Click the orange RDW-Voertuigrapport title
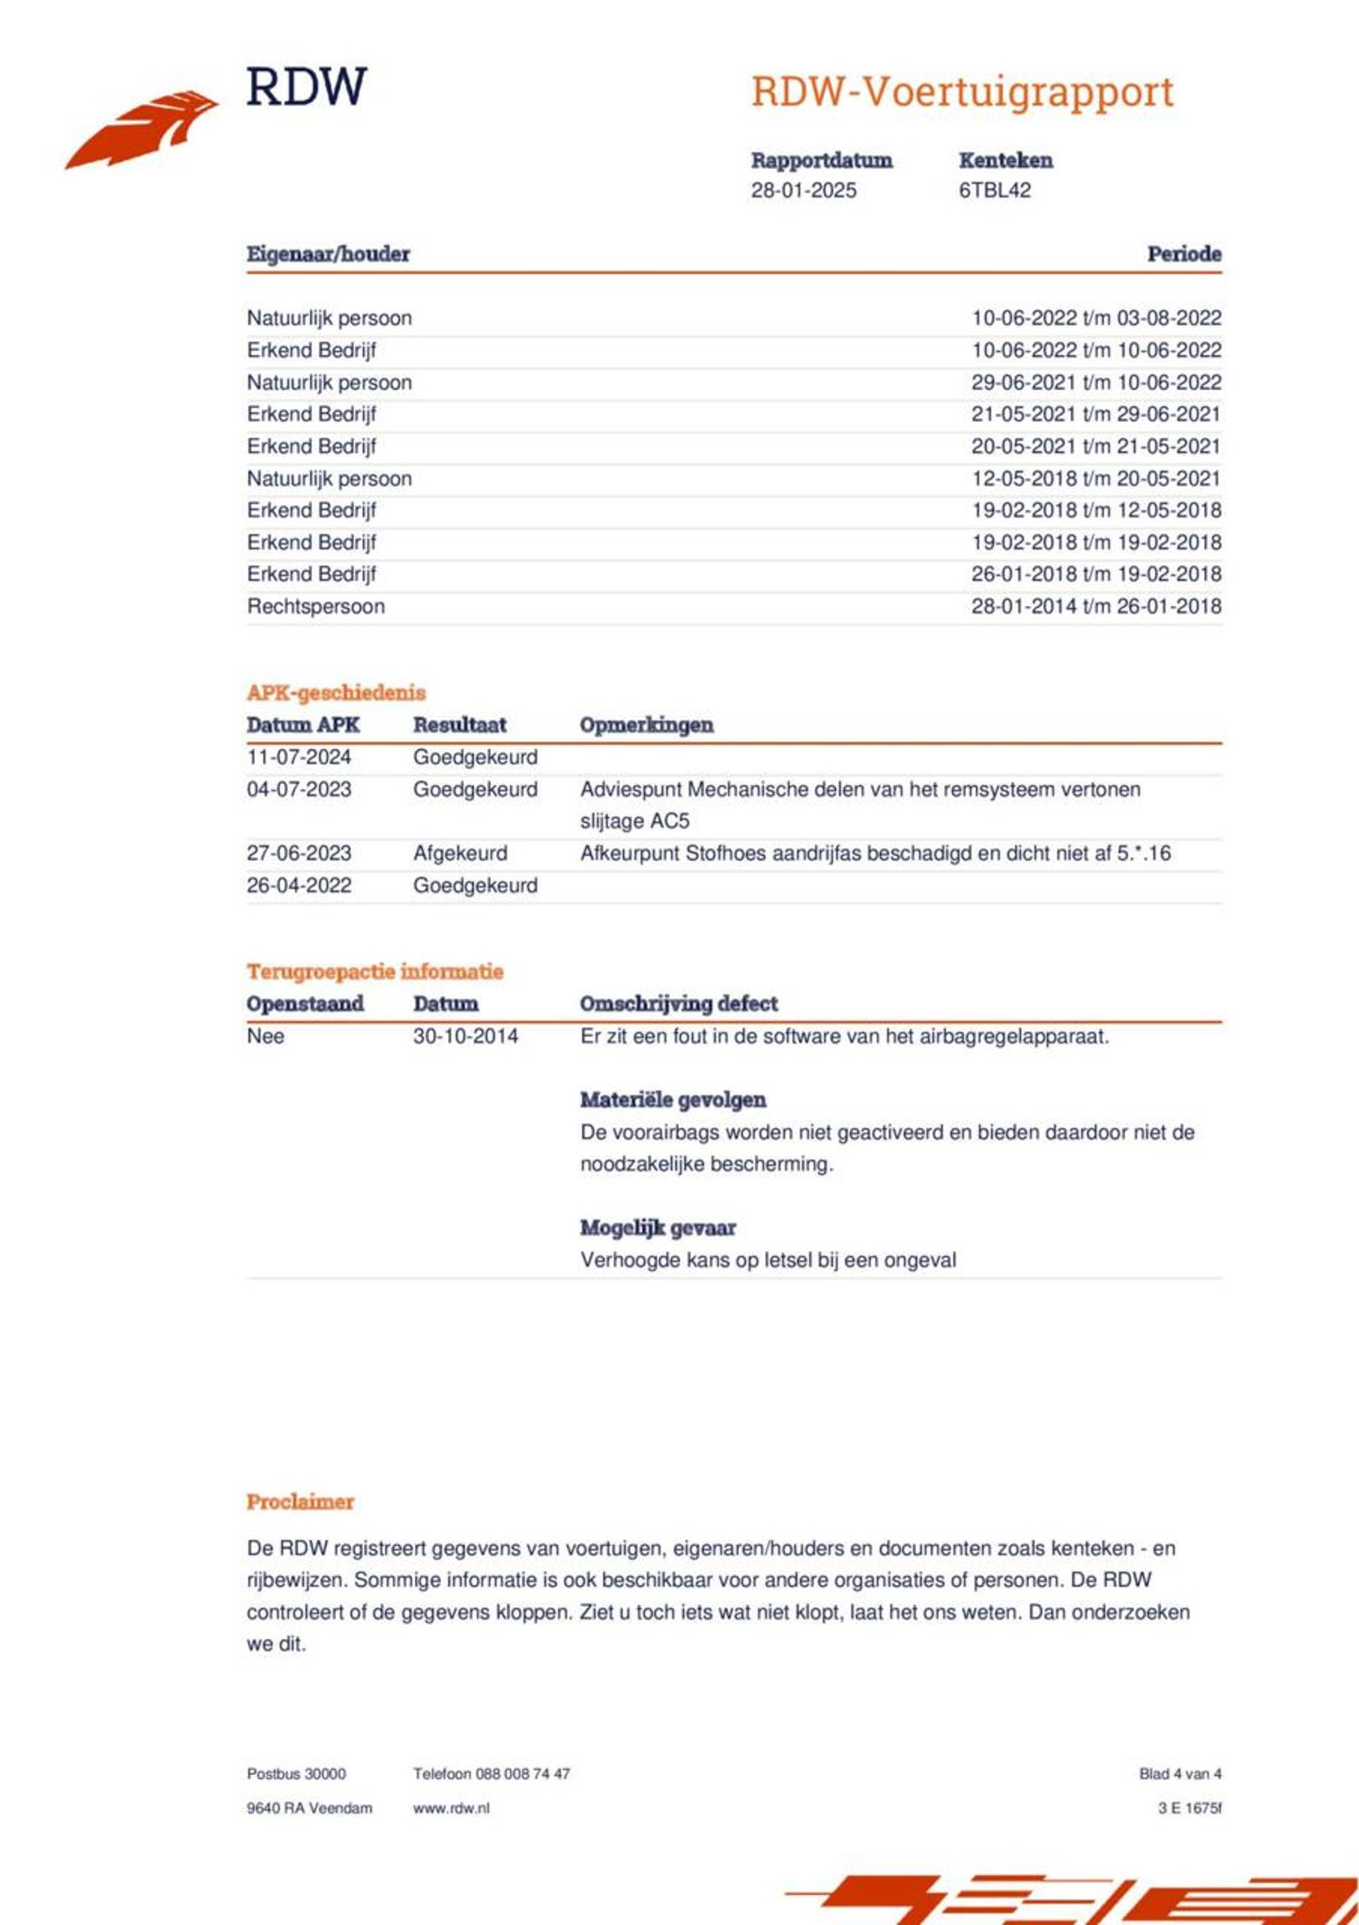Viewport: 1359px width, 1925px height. click(x=962, y=92)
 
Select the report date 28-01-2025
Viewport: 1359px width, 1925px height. click(x=803, y=190)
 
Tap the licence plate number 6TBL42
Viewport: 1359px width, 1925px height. click(x=994, y=190)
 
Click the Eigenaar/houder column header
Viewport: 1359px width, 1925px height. click(x=328, y=254)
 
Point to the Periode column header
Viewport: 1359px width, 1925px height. click(x=1183, y=254)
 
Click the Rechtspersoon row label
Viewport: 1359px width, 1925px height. click(x=315, y=606)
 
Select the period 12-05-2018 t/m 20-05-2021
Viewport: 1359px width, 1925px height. click(x=1096, y=479)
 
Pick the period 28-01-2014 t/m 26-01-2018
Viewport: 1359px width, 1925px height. click(x=1096, y=606)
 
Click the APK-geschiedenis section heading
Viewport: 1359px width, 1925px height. click(x=336, y=692)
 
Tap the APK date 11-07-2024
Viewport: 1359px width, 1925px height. click(x=299, y=757)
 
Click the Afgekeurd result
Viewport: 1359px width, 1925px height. click(x=459, y=854)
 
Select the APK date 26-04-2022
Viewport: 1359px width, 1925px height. click(x=299, y=886)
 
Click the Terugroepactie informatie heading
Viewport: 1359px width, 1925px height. click(x=374, y=972)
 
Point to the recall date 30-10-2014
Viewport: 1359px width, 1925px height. click(x=465, y=1036)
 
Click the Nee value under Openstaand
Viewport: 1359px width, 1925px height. click(x=265, y=1036)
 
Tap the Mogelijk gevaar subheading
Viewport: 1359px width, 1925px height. click(x=658, y=1228)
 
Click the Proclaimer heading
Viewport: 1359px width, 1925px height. click(x=300, y=1502)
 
